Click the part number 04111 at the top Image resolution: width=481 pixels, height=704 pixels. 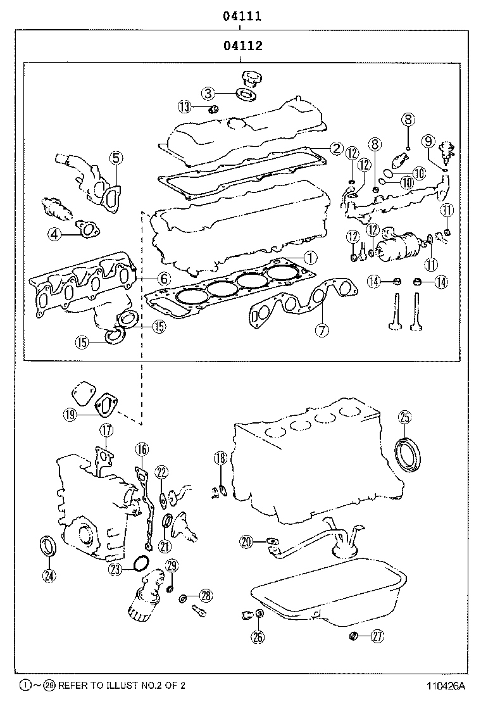point(242,16)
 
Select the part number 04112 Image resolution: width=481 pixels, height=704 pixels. point(242,46)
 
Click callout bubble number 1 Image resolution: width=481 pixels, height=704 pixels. point(309,258)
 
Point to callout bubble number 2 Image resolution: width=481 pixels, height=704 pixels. point(336,149)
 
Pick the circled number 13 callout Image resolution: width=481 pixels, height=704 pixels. point(185,107)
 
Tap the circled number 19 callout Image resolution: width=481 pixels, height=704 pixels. point(70,415)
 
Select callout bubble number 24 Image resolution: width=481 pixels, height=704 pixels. point(48,575)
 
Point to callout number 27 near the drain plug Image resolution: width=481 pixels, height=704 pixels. point(378,636)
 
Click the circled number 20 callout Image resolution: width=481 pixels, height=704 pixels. point(247,541)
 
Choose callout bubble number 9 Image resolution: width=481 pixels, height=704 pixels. point(428,141)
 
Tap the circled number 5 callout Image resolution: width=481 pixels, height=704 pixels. point(116,158)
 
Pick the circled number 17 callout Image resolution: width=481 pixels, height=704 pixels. point(106,431)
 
